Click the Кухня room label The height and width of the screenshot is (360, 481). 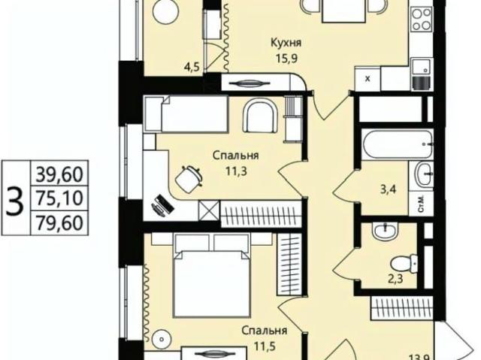[x=286, y=43]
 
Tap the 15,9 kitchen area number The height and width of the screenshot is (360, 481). [x=286, y=58]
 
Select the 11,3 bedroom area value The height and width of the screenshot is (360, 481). [x=236, y=171]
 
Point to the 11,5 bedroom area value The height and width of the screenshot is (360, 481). [x=265, y=346]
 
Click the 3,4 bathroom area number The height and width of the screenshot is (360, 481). [x=388, y=189]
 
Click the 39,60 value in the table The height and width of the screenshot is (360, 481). [x=59, y=174]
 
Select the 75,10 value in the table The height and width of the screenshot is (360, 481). [x=59, y=198]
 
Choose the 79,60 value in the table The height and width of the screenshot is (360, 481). [x=59, y=222]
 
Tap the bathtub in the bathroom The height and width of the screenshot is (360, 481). [x=398, y=144]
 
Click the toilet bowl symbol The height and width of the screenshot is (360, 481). [x=404, y=263]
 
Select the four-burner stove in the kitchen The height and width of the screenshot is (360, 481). [x=421, y=20]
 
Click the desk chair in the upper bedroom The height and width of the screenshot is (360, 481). [x=189, y=179]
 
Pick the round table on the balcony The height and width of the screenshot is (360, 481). [x=165, y=14]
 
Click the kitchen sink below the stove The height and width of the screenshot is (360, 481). [x=422, y=67]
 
